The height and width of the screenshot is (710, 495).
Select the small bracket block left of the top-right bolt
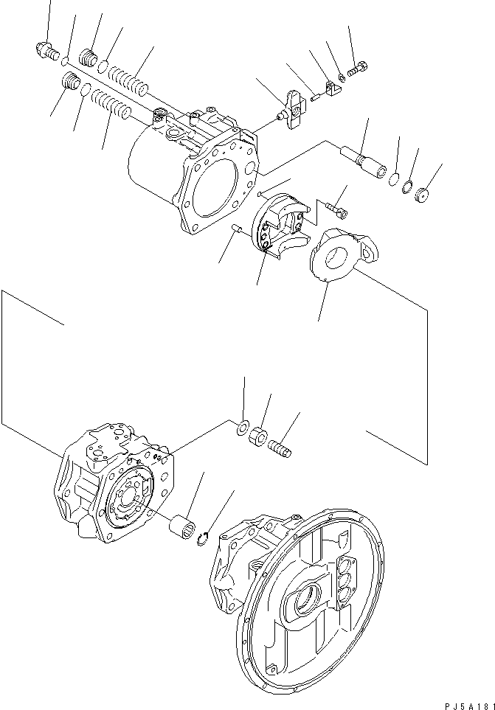click(330, 88)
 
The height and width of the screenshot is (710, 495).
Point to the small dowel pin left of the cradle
click(238, 231)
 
